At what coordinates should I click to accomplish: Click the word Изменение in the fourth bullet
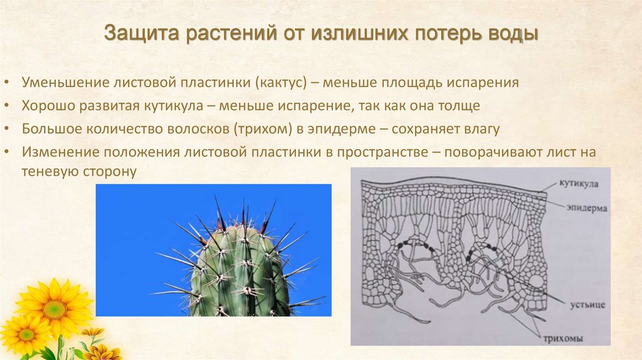click(54, 152)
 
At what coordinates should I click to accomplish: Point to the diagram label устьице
click(588, 304)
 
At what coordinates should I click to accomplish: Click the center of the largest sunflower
click(55, 309)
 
